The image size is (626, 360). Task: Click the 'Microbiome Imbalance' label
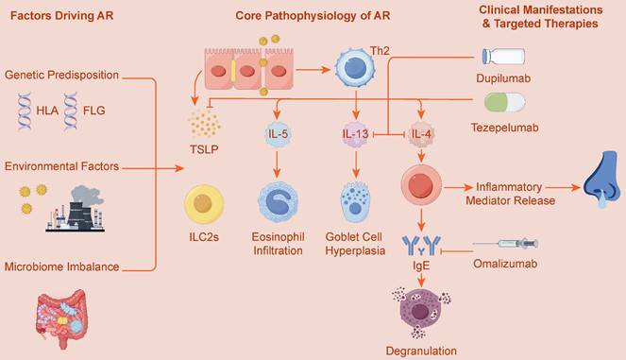[x=62, y=267]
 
